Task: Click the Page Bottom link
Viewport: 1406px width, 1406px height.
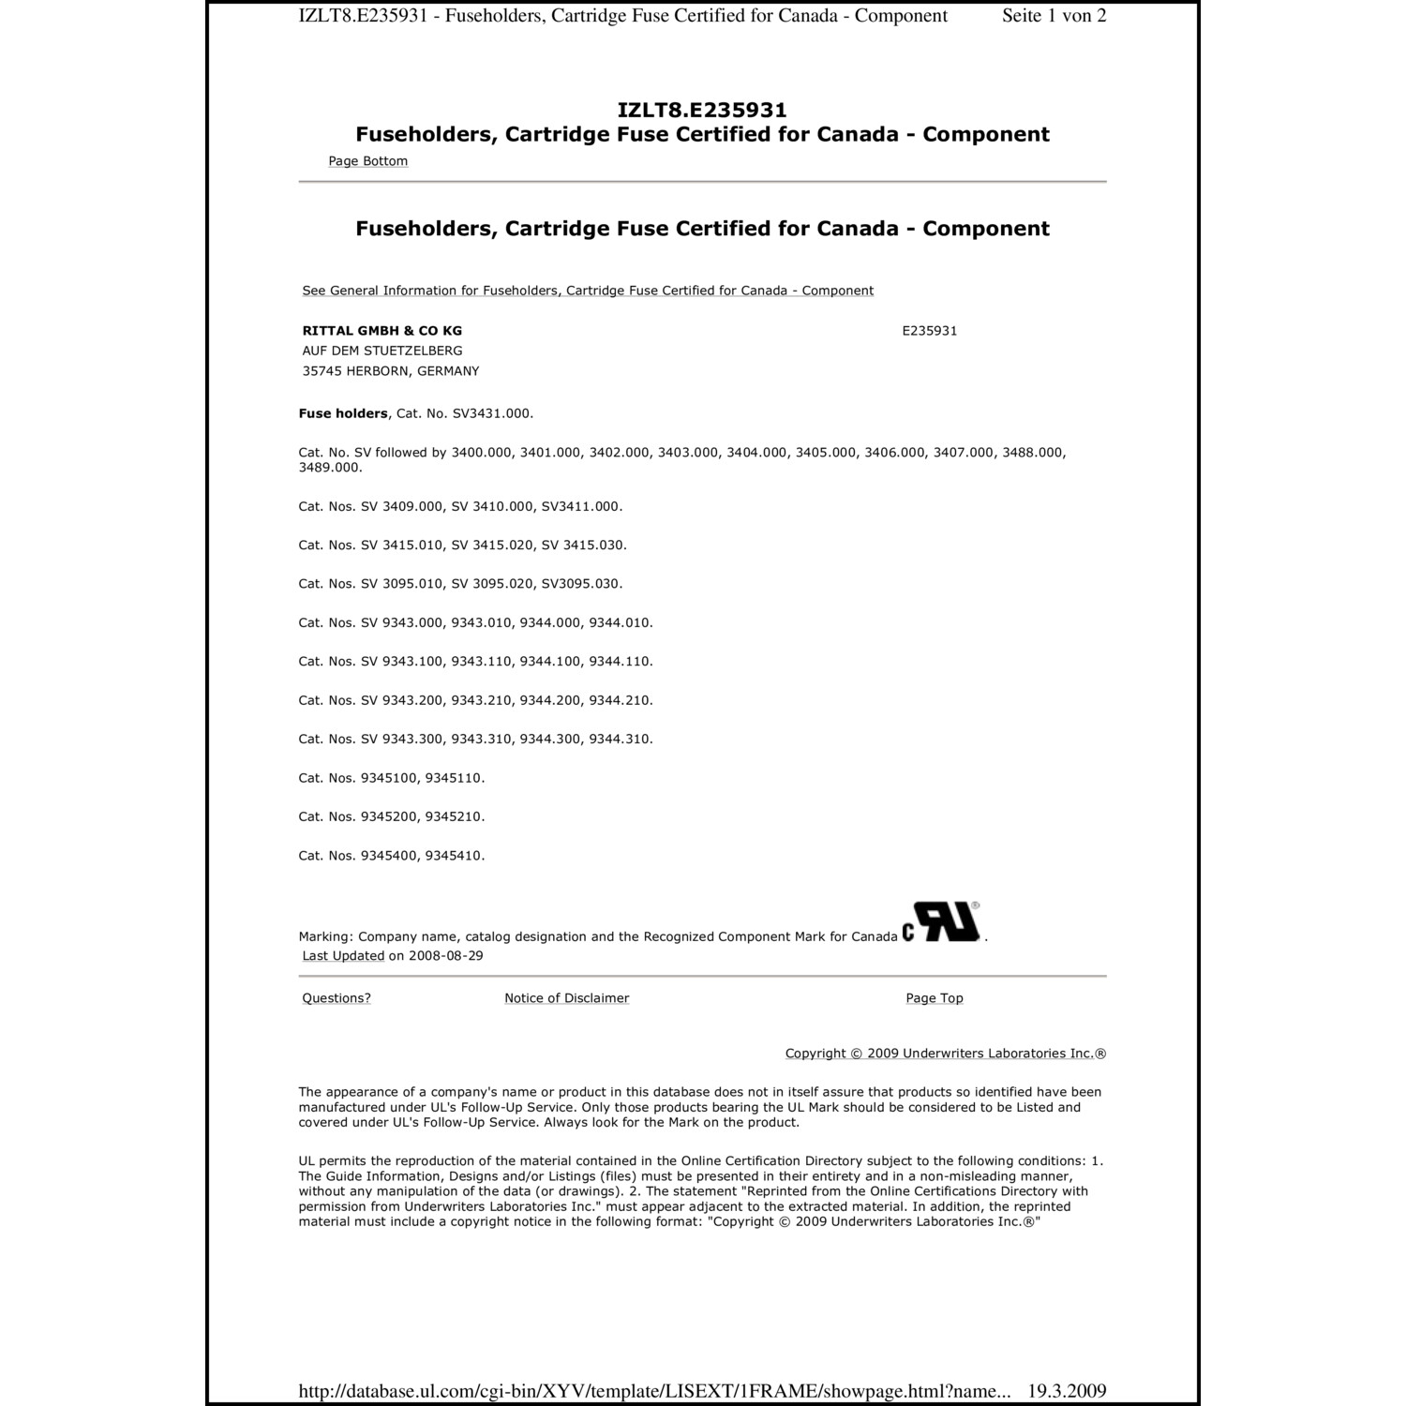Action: point(367,161)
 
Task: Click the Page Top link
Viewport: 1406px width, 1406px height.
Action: point(934,998)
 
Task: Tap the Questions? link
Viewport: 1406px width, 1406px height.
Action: point(336,998)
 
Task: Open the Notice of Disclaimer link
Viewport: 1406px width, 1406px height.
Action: point(566,998)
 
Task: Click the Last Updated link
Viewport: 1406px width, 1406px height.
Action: point(343,956)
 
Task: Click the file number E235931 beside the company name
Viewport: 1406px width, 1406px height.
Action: point(929,331)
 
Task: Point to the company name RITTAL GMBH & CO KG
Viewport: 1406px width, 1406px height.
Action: point(381,331)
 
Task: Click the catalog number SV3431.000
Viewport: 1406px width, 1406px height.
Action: point(492,413)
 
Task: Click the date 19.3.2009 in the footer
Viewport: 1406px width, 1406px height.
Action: point(1067,1391)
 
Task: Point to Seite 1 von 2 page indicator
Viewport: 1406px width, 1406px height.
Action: point(1054,16)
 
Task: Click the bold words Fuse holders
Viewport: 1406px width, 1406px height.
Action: point(342,413)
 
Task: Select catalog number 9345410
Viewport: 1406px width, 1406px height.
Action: point(455,856)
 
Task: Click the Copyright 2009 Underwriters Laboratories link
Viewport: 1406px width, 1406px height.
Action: point(945,1054)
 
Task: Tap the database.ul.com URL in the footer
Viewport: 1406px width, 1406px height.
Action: point(654,1391)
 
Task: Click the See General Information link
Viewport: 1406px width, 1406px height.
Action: point(588,291)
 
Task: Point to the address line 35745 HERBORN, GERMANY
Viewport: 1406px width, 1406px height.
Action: point(390,371)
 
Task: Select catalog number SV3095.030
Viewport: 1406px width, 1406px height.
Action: point(581,584)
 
